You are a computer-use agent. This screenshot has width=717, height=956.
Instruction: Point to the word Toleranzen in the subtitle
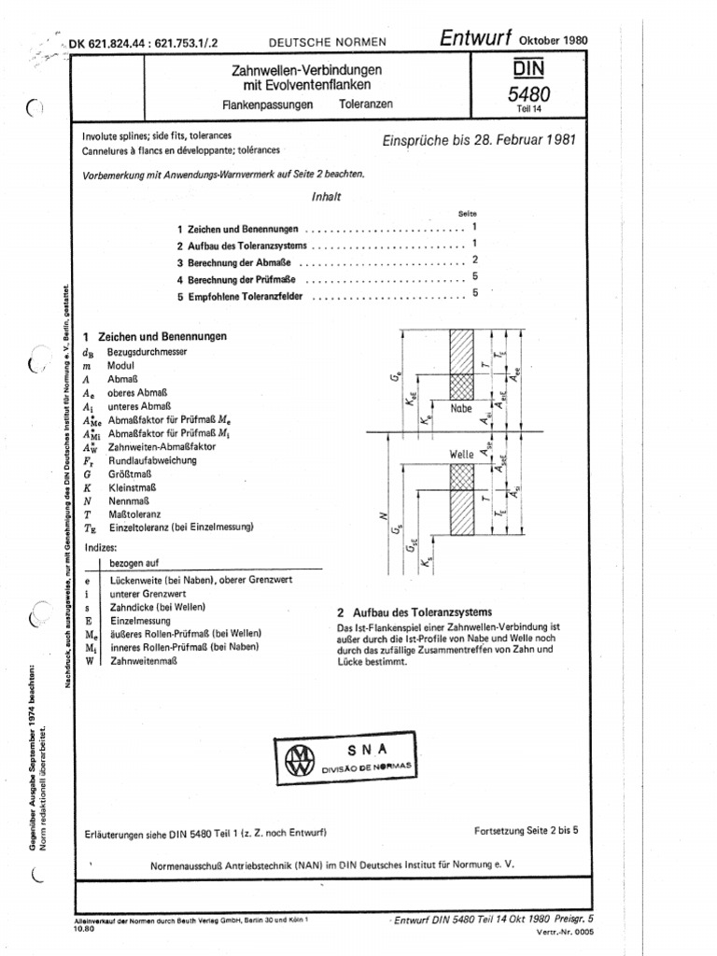click(367, 105)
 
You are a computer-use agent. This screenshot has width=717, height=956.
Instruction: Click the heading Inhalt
click(326, 197)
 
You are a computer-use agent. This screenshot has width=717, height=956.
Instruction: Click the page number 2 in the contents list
click(475, 260)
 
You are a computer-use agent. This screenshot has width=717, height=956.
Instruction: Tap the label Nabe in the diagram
click(461, 408)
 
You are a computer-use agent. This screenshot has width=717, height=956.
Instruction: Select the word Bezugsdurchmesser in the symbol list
click(148, 354)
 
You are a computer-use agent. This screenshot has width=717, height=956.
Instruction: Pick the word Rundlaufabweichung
click(152, 461)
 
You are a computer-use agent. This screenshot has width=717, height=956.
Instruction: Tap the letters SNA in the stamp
click(366, 750)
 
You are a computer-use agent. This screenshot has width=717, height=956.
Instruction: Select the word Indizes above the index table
click(103, 546)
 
